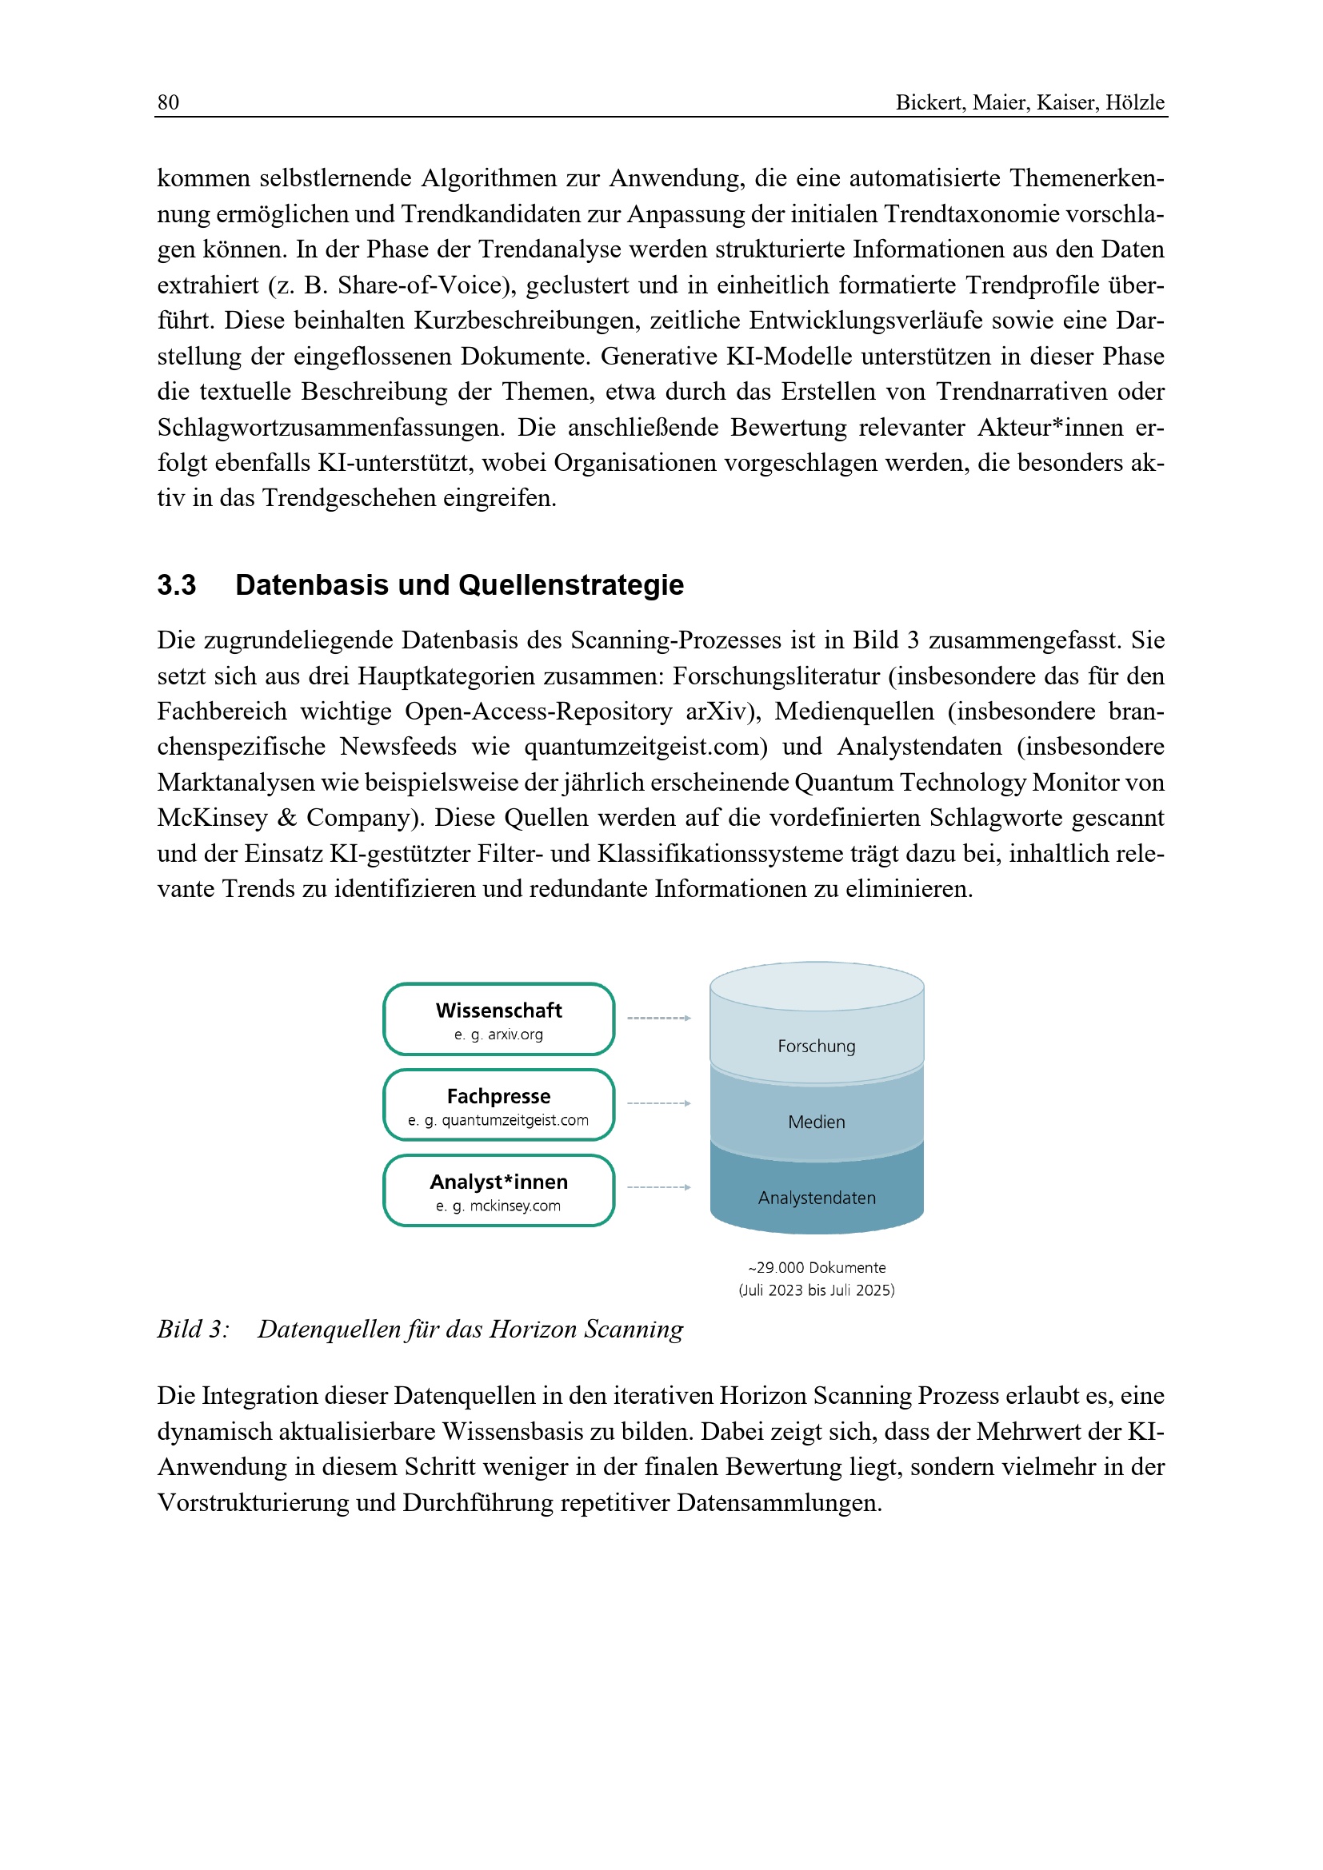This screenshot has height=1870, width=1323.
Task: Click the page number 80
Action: pyautogui.click(x=168, y=102)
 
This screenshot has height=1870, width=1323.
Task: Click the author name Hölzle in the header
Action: pyautogui.click(x=1135, y=102)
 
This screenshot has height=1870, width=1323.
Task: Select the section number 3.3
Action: pyautogui.click(x=176, y=584)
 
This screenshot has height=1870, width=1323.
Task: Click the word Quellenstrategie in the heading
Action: pyautogui.click(x=571, y=584)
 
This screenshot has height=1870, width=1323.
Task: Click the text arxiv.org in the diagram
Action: pyautogui.click(x=515, y=1035)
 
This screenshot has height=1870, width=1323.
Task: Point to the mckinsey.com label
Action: pyautogui.click(x=515, y=1206)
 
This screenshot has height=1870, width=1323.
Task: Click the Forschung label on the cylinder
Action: pyautogui.click(x=817, y=1046)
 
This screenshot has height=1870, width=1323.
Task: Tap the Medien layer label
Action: pyautogui.click(x=817, y=1122)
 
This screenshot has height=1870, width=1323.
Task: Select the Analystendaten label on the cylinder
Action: pyautogui.click(x=817, y=1198)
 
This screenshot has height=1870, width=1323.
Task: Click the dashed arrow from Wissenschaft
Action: pyautogui.click(x=658, y=1018)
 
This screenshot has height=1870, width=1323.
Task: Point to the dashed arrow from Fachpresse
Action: pyautogui.click(x=658, y=1103)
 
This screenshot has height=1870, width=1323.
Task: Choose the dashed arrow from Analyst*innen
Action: pyautogui.click(x=658, y=1187)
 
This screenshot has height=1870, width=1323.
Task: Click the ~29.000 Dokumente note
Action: pyautogui.click(x=817, y=1267)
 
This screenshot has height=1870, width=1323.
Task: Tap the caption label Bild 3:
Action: pyautogui.click(x=193, y=1330)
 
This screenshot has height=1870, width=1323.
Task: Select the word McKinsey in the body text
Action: pyautogui.click(x=213, y=818)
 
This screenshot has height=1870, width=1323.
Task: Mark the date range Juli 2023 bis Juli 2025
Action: pyautogui.click(x=817, y=1290)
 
